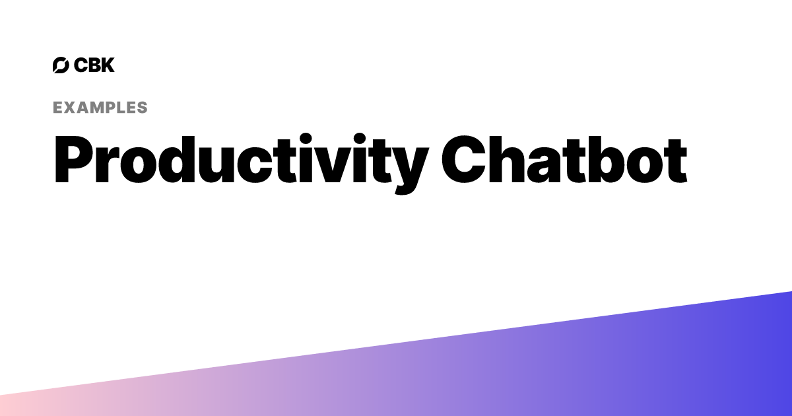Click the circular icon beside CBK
pos(61,65)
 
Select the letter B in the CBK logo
pos(94,65)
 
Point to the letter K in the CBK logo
pos(108,65)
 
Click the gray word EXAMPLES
pos(100,108)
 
